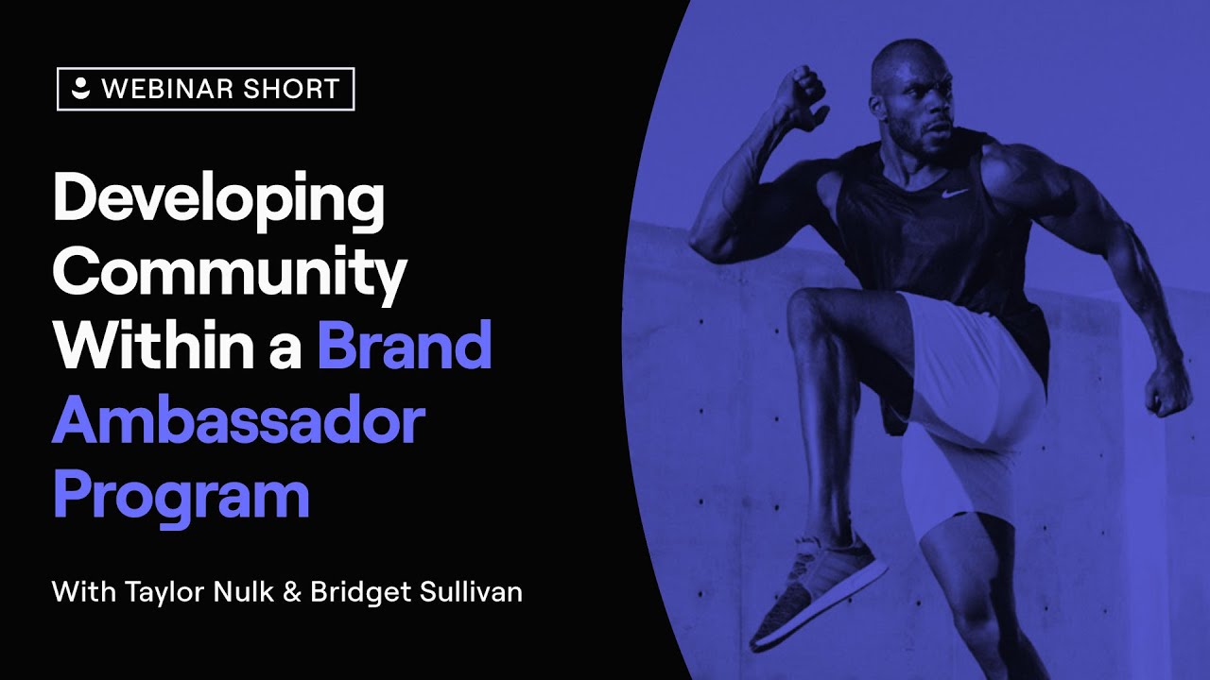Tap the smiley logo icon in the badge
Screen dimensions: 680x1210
[x=81, y=89]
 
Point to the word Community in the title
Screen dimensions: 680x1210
[x=230, y=274]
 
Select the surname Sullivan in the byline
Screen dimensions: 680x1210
[x=466, y=593]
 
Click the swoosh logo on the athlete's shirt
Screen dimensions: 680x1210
[x=956, y=193]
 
